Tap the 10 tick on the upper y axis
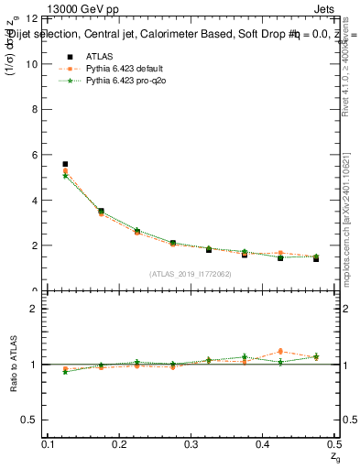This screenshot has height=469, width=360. click(35, 64)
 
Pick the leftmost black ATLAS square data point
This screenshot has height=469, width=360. click(65, 164)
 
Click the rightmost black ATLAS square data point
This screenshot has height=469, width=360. click(316, 259)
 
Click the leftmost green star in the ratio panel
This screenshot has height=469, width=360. click(65, 371)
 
